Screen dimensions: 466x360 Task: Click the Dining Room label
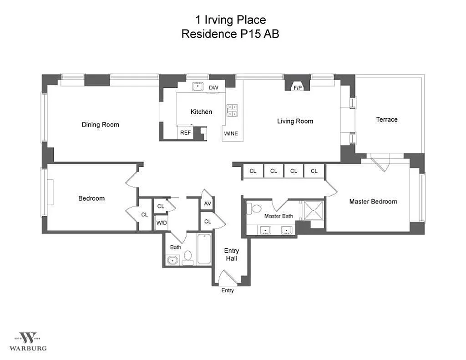(x=101, y=125)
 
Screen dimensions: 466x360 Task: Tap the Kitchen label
(x=201, y=112)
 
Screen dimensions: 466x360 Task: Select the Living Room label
(x=295, y=121)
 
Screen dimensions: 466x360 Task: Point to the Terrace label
(x=387, y=120)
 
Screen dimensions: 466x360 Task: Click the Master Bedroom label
(x=373, y=202)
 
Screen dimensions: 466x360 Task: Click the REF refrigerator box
(x=186, y=132)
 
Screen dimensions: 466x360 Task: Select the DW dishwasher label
(x=213, y=87)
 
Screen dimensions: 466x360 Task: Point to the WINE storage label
(x=231, y=133)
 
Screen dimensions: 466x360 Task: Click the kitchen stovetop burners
(x=232, y=110)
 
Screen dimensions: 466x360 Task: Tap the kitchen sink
(x=198, y=87)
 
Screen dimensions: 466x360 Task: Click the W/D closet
(x=162, y=223)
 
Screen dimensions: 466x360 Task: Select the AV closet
(x=208, y=203)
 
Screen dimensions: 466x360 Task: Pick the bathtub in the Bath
(x=204, y=249)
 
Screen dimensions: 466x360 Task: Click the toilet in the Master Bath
(x=254, y=208)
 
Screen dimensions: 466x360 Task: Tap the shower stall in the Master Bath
(x=313, y=210)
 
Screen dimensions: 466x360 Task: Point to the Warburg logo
(x=28, y=342)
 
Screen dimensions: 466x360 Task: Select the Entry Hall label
(x=232, y=254)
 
